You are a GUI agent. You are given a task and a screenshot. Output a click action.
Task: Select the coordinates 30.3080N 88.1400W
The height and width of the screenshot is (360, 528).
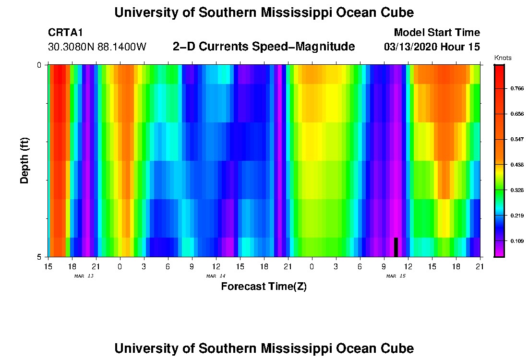point(97,47)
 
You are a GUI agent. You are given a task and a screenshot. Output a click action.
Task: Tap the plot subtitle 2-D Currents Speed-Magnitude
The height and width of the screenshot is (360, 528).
point(264,47)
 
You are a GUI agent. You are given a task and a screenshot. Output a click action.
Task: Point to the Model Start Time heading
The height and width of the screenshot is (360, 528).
point(436,33)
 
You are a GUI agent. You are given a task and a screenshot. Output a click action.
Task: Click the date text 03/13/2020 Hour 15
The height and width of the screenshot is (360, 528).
point(432,47)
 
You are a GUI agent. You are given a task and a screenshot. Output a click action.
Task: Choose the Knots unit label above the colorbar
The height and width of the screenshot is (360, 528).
point(503,58)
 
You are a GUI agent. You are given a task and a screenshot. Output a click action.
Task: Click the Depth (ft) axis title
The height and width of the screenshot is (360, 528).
point(25,160)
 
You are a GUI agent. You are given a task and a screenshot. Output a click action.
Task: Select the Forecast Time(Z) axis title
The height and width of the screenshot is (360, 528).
point(264,287)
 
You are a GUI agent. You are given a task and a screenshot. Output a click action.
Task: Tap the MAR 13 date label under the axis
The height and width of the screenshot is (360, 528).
point(84,276)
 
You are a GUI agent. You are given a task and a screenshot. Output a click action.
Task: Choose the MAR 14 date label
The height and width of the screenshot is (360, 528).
point(216,276)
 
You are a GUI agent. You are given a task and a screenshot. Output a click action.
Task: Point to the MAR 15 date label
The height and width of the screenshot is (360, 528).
point(396,276)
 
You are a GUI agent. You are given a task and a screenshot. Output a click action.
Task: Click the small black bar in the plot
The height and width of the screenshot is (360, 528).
point(396,247)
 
